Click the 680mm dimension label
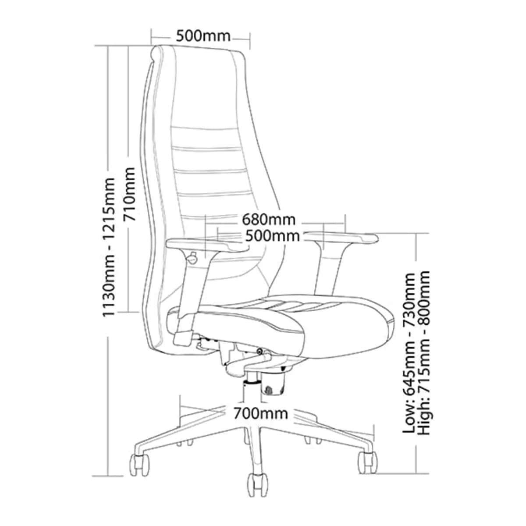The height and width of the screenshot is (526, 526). coord(269,220)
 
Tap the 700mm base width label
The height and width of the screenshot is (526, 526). coord(260,413)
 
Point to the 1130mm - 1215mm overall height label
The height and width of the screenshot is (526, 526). coord(109,247)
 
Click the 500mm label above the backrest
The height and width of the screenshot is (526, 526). coord(203,36)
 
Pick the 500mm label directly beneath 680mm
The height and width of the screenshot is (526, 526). coord(272,236)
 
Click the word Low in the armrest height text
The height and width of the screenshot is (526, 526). coord(409,425)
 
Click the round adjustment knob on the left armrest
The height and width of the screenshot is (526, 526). coord(192,258)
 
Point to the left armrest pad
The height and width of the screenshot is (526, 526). coord(208,244)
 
